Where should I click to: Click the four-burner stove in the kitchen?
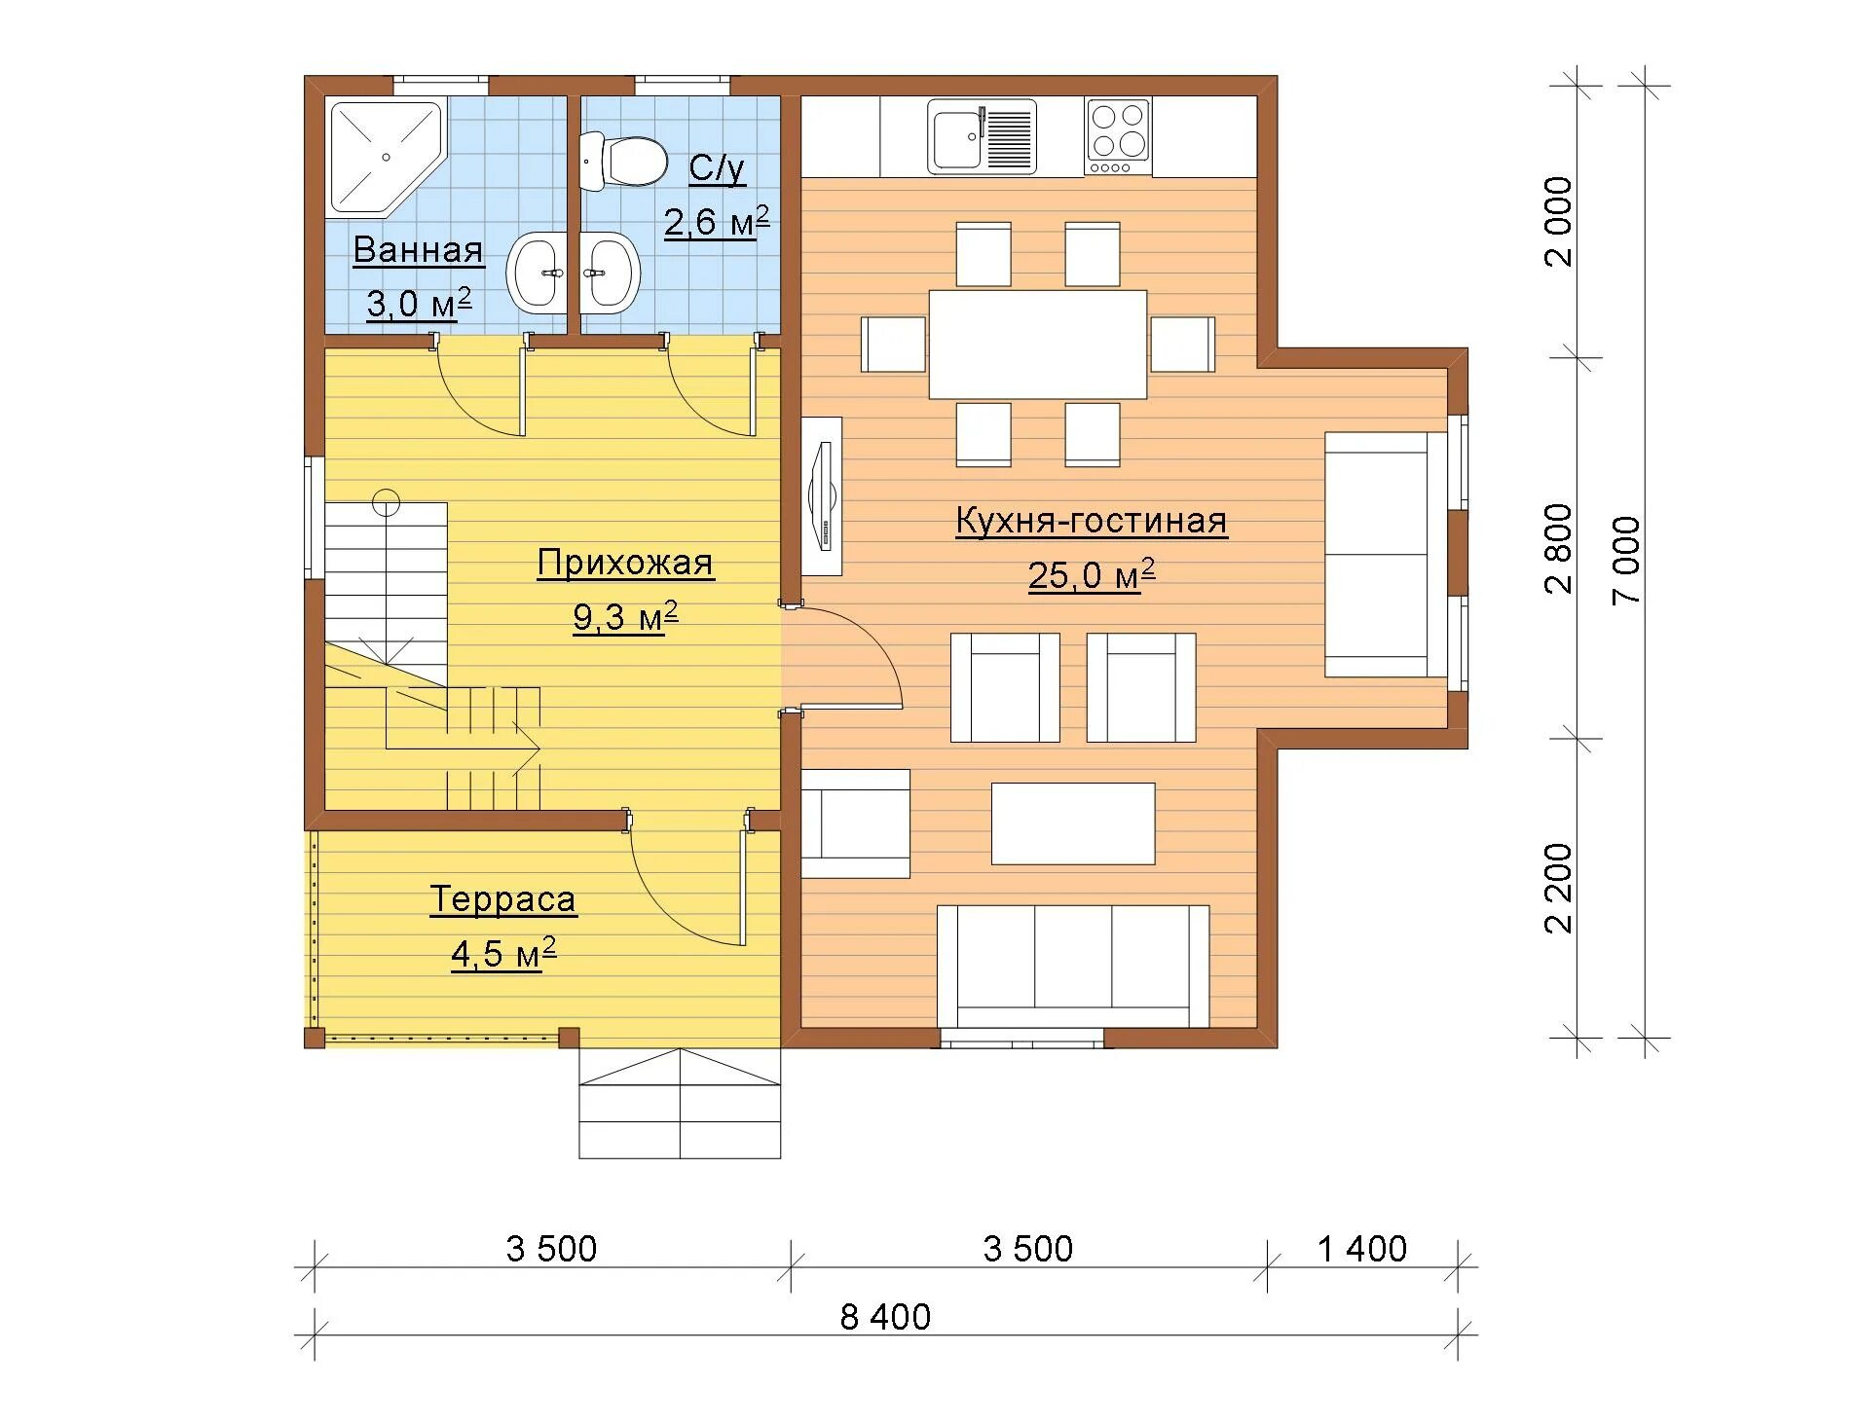pyautogui.click(x=1118, y=137)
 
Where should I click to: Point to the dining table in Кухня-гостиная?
pyautogui.click(x=1037, y=344)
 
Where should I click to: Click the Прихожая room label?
pyautogui.click(x=625, y=563)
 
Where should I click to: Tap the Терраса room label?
pyautogui.click(x=503, y=898)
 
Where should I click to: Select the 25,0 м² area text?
pyautogui.click(x=1092, y=574)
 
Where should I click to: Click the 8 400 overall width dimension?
pyautogui.click(x=885, y=1317)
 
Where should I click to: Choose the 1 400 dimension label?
pyautogui.click(x=1362, y=1249)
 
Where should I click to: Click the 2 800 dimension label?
pyautogui.click(x=1559, y=548)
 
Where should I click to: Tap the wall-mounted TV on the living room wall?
pyautogui.click(x=822, y=496)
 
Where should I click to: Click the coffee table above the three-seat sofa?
pyautogui.click(x=1073, y=823)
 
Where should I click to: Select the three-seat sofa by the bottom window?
pyautogui.click(x=1073, y=967)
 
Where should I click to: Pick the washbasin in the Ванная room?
pyautogui.click(x=536, y=273)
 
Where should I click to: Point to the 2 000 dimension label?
pyautogui.click(x=1559, y=221)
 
